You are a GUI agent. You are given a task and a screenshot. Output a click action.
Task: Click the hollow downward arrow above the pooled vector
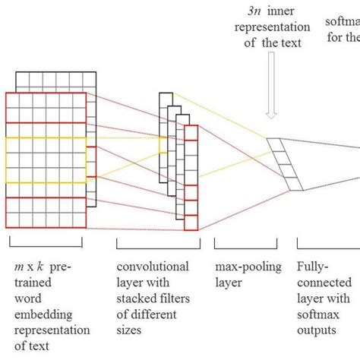click(272, 98)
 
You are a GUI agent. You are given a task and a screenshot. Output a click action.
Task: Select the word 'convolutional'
click(153, 267)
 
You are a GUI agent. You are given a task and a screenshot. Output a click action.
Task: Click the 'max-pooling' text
click(247, 267)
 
